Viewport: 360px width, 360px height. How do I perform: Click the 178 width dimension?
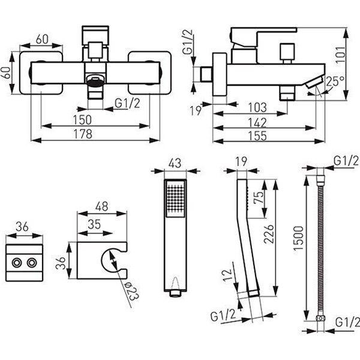[83, 134]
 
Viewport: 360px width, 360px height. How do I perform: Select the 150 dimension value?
[82, 120]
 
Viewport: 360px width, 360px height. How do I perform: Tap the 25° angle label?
[335, 81]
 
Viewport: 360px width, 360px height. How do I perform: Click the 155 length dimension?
[257, 136]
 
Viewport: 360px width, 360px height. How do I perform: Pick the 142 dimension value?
[257, 122]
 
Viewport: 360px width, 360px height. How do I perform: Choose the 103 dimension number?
[257, 107]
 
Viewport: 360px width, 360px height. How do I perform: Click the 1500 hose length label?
[299, 238]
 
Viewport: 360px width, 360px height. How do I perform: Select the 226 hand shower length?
[269, 234]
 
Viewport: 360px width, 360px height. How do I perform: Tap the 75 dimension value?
[259, 197]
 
